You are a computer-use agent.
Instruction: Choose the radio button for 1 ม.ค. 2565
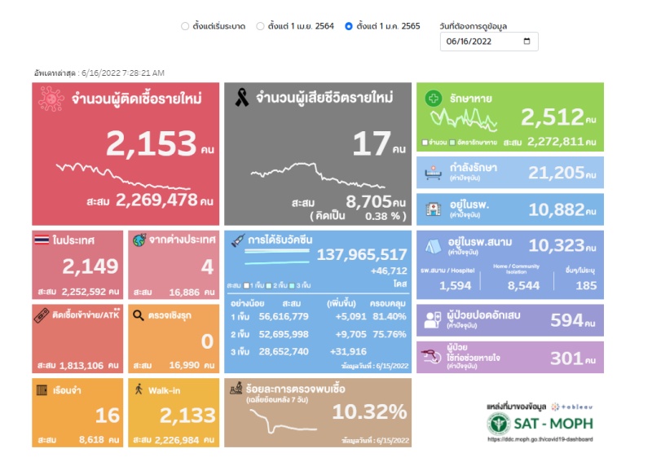(x=349, y=26)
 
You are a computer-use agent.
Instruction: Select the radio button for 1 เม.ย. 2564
(x=260, y=26)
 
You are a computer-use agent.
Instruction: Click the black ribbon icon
(x=242, y=99)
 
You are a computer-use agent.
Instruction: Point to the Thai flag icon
(x=42, y=240)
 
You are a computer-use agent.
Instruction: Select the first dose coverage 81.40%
(x=388, y=316)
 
